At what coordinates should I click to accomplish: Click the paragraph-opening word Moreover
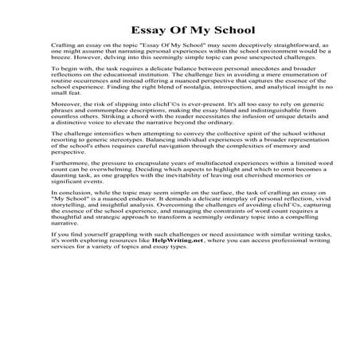click(x=66, y=127)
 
